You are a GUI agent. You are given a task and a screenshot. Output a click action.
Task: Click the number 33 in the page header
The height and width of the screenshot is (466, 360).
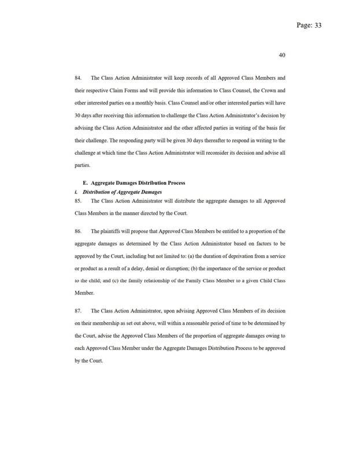pos(317,26)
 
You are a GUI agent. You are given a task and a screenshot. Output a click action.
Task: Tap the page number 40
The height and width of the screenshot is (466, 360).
pos(282,55)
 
